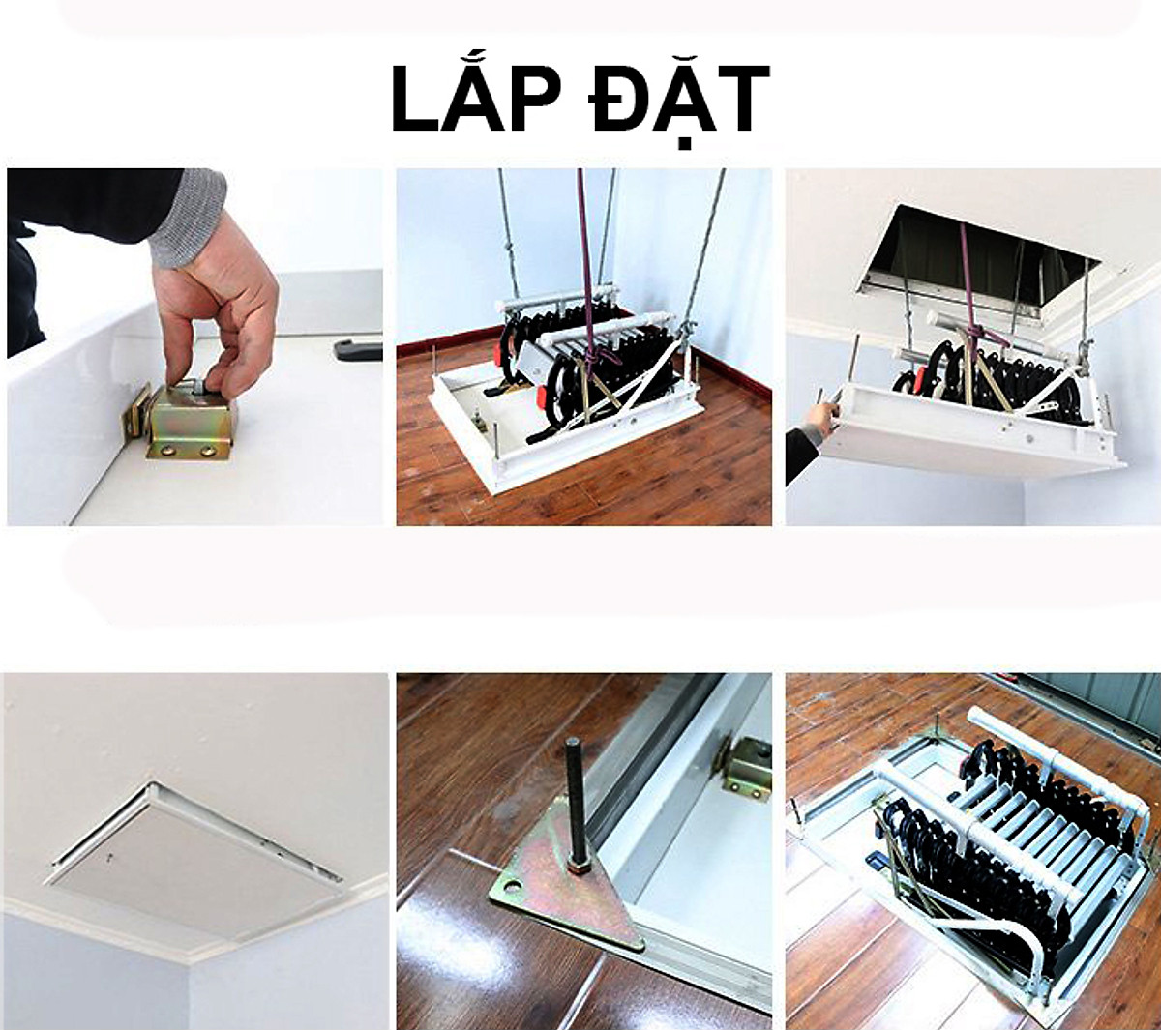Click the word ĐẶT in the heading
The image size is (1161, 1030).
(680, 107)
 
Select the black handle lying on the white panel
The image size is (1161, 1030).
(357, 349)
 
